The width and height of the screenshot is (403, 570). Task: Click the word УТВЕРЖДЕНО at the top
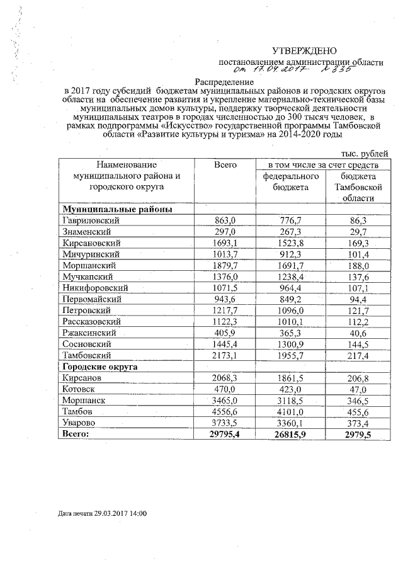304,50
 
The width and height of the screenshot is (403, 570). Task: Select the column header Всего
225,164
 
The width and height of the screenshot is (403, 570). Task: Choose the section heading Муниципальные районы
117,209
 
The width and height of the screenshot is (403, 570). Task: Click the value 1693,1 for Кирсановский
225,243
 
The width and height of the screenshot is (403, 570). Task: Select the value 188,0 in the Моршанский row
357,266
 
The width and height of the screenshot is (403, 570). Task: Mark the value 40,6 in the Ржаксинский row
357,333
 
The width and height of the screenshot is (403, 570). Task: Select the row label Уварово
81,423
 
